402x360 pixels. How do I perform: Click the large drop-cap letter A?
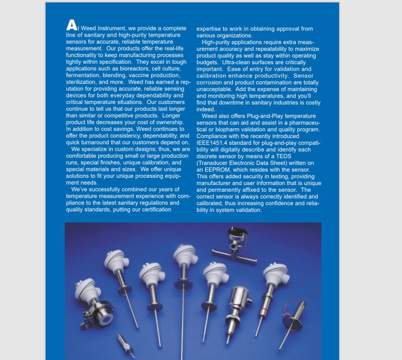[x=71, y=25]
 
